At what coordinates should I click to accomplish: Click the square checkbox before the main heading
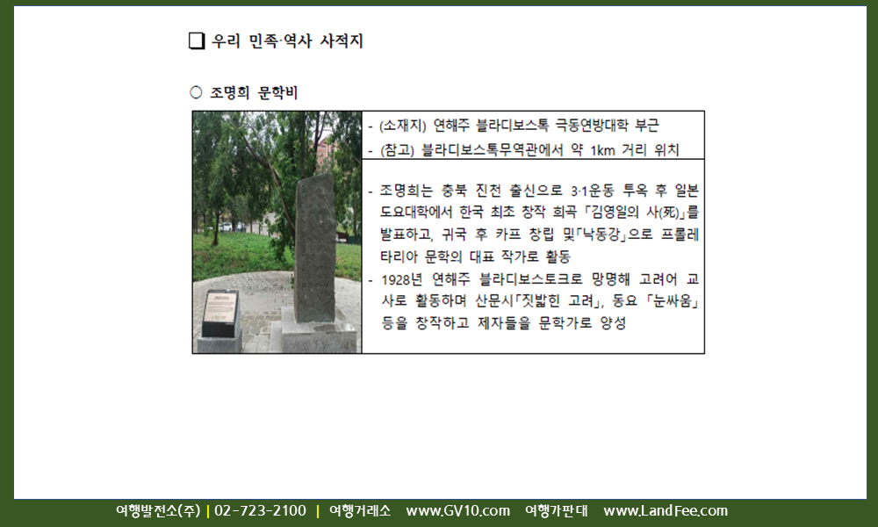[x=197, y=41]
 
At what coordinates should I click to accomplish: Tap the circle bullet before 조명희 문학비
[x=196, y=92]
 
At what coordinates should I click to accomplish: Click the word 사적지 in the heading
[x=341, y=41]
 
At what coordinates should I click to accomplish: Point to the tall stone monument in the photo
[x=314, y=249]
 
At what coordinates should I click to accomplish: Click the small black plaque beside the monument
[x=220, y=313]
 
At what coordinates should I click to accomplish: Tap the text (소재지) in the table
[x=403, y=126]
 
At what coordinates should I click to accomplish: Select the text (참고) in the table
[x=397, y=150]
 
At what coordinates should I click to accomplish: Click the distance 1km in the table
[x=602, y=151]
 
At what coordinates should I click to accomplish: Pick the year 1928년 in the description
[x=401, y=279]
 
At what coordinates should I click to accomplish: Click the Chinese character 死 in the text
[x=669, y=213]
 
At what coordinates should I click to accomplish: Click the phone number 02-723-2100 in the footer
[x=261, y=511]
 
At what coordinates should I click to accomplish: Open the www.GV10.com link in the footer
[x=458, y=511]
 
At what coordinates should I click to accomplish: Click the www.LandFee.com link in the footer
[x=666, y=511]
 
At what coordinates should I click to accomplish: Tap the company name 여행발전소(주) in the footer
[x=158, y=511]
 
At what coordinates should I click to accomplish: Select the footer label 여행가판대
[x=557, y=511]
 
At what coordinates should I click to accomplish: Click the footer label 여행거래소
[x=360, y=511]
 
